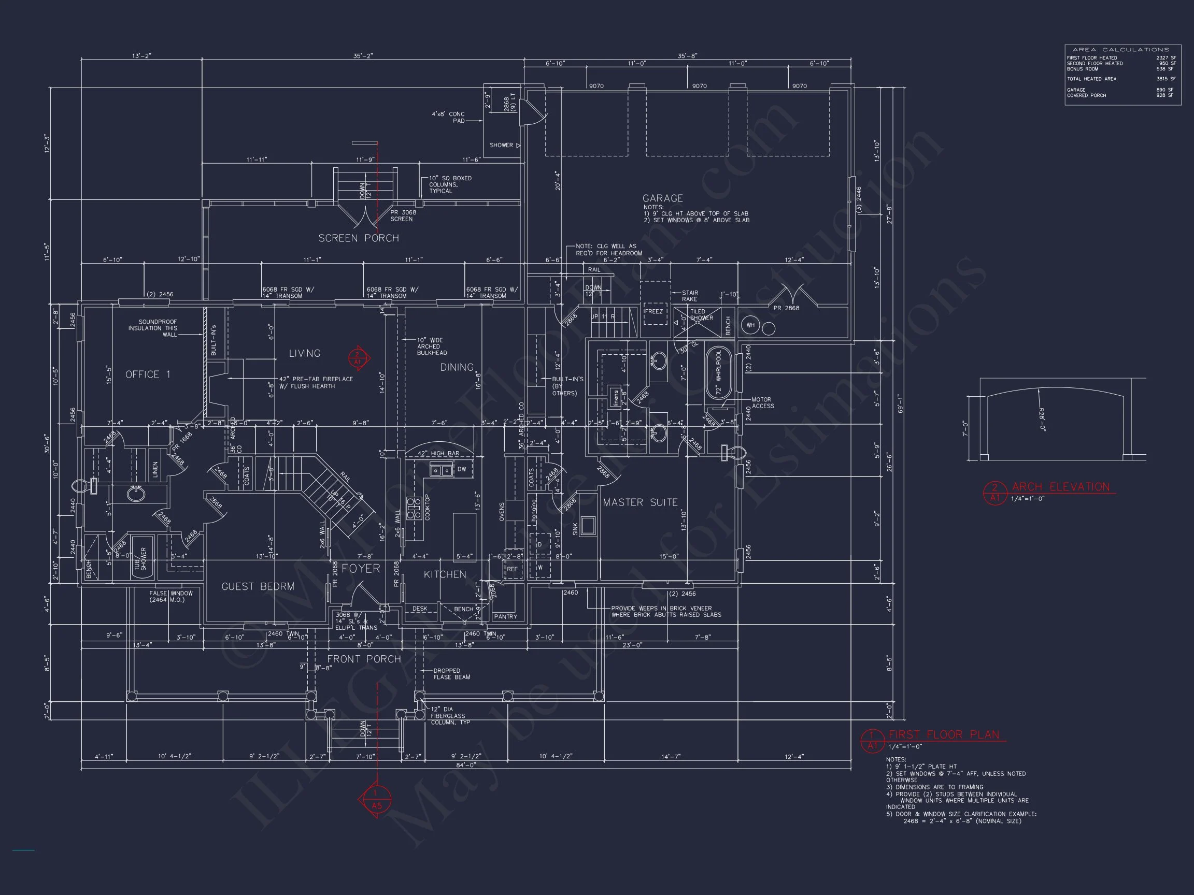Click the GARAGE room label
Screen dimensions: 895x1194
662,198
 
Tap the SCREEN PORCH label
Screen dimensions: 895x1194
359,238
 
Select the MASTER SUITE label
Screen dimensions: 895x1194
639,502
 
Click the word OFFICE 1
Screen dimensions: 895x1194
147,374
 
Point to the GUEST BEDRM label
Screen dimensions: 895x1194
258,586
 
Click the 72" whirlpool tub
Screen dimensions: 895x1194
718,373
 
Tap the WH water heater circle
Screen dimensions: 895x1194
750,325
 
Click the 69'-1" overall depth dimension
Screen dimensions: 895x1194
899,403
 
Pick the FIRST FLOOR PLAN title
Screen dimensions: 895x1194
944,735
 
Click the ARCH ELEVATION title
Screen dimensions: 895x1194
1061,487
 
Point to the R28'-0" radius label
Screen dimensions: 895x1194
1042,419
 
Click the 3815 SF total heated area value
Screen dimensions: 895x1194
1165,79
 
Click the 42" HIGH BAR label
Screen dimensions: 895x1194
438,453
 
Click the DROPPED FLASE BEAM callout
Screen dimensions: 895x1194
451,674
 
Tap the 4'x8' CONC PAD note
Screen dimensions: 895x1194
448,117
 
